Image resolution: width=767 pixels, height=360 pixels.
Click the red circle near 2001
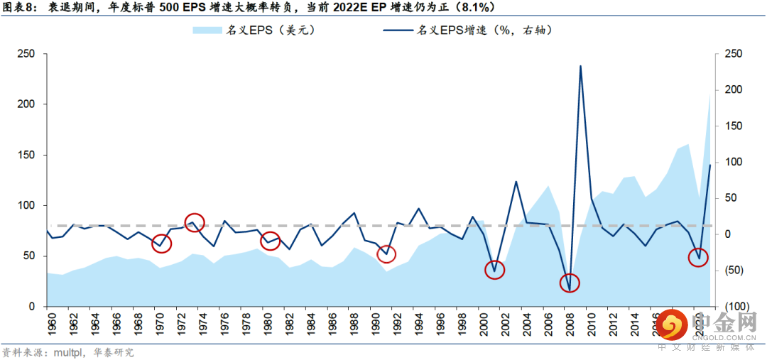pos(494,270)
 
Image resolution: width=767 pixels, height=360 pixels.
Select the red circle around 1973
pos(195,222)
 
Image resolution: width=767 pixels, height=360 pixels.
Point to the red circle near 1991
pos(386,254)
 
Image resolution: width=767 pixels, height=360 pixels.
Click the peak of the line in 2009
pos(580,66)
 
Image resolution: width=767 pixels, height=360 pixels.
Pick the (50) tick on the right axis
pos(731,270)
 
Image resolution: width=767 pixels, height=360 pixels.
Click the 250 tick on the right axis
pos(731,54)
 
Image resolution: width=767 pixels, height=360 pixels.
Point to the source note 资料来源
pos(19,352)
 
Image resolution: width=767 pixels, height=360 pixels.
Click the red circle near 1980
pos(270,241)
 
